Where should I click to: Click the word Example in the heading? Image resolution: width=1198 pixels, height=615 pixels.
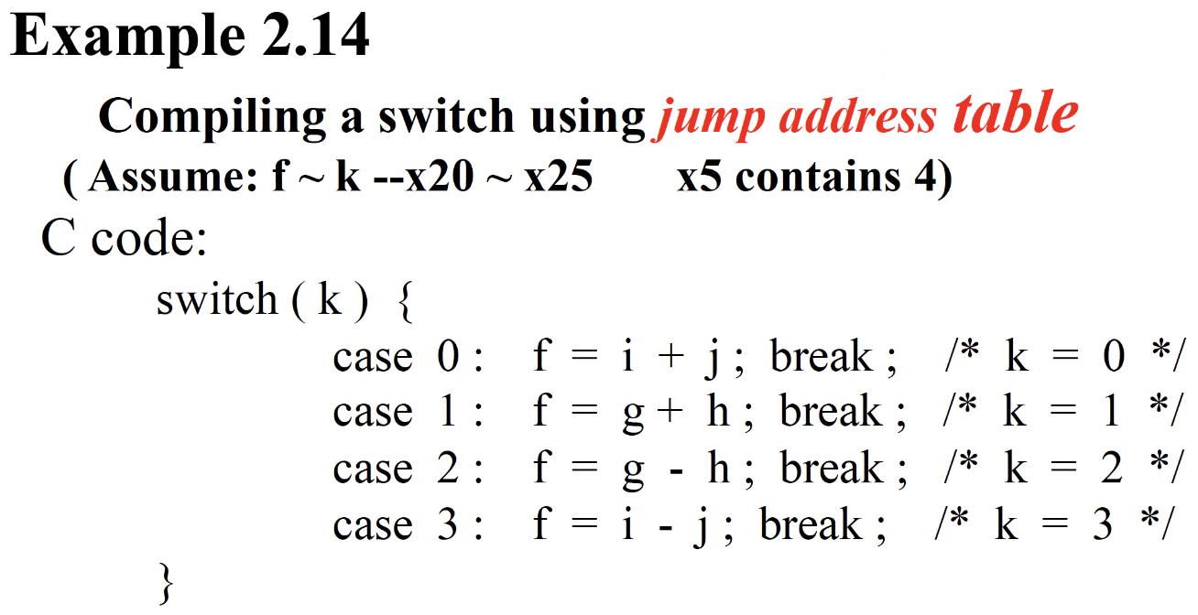click(x=125, y=38)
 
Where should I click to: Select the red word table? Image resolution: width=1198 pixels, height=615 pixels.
click(x=1015, y=113)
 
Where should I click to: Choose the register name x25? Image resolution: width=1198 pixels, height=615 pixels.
click(x=559, y=177)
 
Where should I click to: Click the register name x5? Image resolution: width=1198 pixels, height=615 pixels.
click(x=700, y=177)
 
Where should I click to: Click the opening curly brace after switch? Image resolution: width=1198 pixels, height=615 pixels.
click(x=407, y=302)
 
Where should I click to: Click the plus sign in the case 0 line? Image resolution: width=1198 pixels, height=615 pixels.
click(x=670, y=357)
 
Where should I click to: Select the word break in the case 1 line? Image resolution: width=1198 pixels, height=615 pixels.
click(x=831, y=412)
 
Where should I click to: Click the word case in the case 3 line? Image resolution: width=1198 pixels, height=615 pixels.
click(x=372, y=525)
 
